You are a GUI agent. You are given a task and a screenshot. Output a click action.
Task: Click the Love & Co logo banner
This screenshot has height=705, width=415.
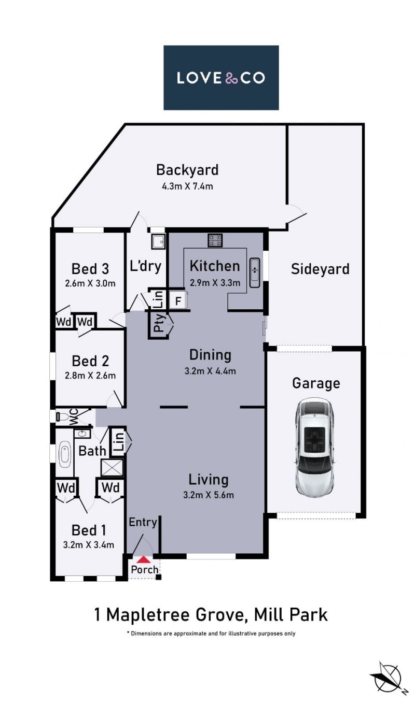(221, 78)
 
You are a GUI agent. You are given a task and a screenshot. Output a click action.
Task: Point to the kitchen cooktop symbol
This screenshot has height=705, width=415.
(215, 240)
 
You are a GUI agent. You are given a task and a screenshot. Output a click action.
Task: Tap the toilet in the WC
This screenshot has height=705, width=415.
(62, 417)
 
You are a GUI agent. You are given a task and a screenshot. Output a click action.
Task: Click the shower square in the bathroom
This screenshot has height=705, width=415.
(112, 467)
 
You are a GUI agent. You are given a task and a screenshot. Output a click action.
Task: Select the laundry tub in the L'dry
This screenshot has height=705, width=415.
(158, 242)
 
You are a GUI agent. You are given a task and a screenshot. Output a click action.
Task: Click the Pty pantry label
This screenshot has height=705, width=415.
(159, 323)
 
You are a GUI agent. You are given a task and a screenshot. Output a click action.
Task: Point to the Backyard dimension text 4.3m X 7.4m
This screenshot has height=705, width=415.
(187, 186)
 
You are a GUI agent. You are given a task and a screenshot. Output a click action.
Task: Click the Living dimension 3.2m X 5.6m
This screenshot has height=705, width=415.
(209, 495)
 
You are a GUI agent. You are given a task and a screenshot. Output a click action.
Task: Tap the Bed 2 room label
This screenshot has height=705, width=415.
(90, 361)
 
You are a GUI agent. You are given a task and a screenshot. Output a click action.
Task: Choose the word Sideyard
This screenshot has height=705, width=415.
(320, 269)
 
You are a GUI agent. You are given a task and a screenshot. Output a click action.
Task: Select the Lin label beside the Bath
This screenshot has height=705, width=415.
(118, 443)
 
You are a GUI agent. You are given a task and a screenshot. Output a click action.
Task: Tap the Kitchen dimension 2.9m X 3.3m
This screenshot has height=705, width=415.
(215, 283)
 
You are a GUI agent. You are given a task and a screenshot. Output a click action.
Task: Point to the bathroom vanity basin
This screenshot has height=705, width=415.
(82, 434)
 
